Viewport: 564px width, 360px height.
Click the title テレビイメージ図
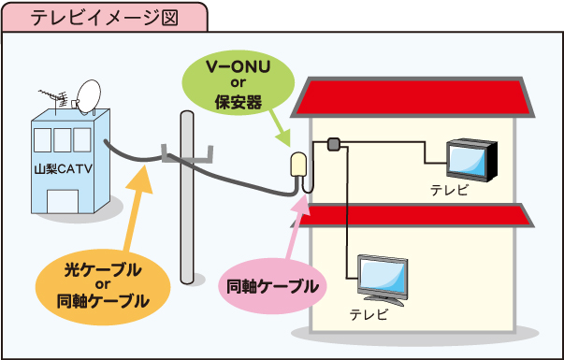103,18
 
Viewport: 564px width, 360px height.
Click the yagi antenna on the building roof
54,96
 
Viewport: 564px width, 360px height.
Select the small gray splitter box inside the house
332,144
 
